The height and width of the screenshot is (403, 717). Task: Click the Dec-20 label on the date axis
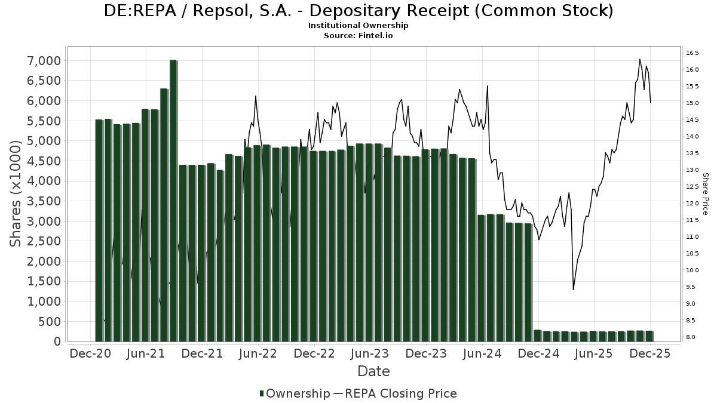coord(90,353)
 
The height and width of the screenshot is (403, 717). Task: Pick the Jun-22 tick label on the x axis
coord(258,353)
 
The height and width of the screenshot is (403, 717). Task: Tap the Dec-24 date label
coord(538,353)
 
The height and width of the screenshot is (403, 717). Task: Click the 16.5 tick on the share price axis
coord(693,53)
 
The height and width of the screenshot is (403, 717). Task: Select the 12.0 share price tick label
coord(693,204)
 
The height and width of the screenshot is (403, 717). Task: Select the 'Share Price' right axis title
coord(705,194)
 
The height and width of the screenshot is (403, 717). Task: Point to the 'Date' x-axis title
coord(373,371)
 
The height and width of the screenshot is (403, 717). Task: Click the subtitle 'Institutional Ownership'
coord(358,26)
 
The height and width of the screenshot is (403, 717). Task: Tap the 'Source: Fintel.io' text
coord(358,35)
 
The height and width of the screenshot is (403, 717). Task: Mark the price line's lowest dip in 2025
coord(573,290)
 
